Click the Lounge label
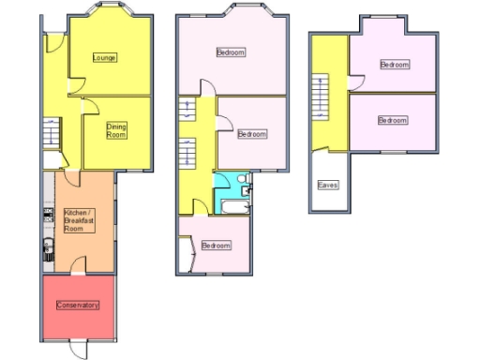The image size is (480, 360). click(x=104, y=58)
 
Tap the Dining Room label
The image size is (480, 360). click(x=116, y=131)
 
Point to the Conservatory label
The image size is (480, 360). click(x=77, y=306)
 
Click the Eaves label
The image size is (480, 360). click(x=328, y=185)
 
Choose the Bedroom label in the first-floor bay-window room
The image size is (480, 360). click(x=231, y=52)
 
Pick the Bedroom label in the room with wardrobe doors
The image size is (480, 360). click(x=216, y=246)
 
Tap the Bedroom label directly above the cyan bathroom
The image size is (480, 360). click(x=251, y=134)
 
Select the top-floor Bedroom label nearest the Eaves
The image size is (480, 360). click(x=393, y=120)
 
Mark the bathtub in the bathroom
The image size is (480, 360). click(x=232, y=204)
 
